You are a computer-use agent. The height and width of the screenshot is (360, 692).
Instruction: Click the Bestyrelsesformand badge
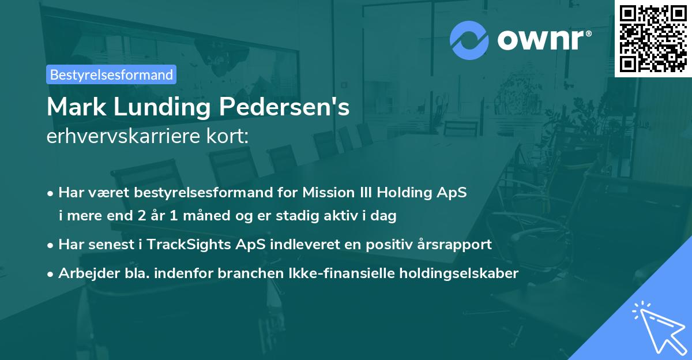(x=111, y=74)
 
